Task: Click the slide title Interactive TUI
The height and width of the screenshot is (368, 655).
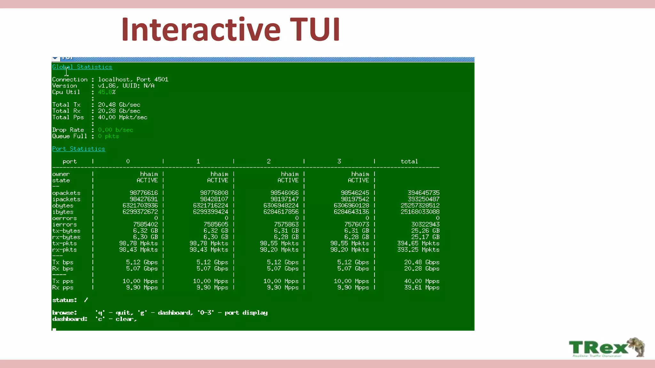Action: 230,29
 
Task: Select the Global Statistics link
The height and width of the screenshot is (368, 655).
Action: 82,67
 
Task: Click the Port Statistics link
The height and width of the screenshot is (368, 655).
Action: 79,149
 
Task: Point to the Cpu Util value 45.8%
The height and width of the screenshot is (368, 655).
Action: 107,92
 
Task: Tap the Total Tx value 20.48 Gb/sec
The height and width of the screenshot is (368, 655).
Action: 119,105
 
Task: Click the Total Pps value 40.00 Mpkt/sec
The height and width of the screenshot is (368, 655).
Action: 122,117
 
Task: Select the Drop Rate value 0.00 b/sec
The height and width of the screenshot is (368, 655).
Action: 115,130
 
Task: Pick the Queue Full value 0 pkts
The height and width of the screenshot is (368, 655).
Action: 108,136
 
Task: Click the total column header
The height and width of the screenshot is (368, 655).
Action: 409,161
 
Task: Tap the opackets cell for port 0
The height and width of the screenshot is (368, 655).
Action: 144,193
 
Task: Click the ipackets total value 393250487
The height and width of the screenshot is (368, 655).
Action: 423,199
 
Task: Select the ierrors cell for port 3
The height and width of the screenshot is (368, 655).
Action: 357,224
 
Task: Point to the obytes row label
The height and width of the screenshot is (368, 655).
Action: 63,205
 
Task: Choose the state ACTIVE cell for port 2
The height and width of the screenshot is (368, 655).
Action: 288,180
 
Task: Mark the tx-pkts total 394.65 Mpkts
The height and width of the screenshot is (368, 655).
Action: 418,243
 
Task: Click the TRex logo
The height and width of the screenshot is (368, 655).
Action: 607,348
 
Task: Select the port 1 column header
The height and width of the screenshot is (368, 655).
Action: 198,161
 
